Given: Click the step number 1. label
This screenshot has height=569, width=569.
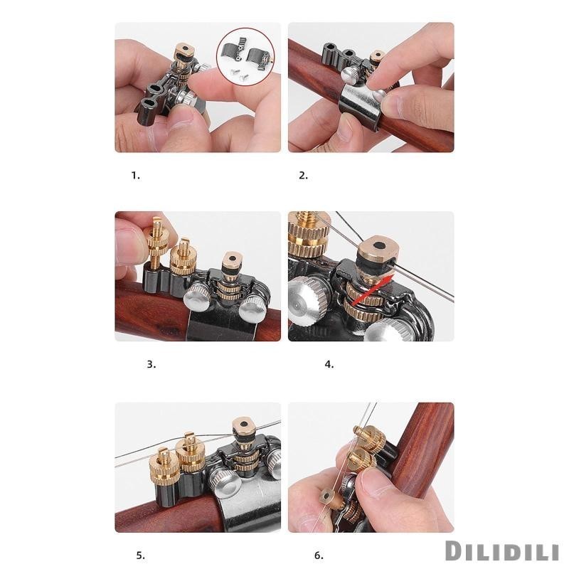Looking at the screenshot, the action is pyautogui.click(x=135, y=176).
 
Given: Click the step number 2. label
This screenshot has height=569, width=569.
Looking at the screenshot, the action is pyautogui.click(x=304, y=176).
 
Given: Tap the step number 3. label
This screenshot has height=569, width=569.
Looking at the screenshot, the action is pyautogui.click(x=151, y=365).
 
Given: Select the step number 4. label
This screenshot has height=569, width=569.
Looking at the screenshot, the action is pyautogui.click(x=329, y=365).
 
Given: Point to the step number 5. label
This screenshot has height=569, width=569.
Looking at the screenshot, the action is pyautogui.click(x=140, y=555).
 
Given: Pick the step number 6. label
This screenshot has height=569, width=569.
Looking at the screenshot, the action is pyautogui.click(x=319, y=555).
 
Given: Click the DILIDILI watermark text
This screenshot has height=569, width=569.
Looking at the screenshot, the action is pyautogui.click(x=502, y=551).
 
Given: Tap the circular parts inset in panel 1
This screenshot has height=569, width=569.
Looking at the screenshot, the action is pyautogui.click(x=245, y=57).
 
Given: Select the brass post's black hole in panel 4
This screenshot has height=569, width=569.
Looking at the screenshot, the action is pyautogui.click(x=379, y=245).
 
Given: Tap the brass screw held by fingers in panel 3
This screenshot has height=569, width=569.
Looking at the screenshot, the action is pyautogui.click(x=157, y=240).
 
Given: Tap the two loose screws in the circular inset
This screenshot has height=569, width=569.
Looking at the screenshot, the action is pyautogui.click(x=235, y=73).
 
